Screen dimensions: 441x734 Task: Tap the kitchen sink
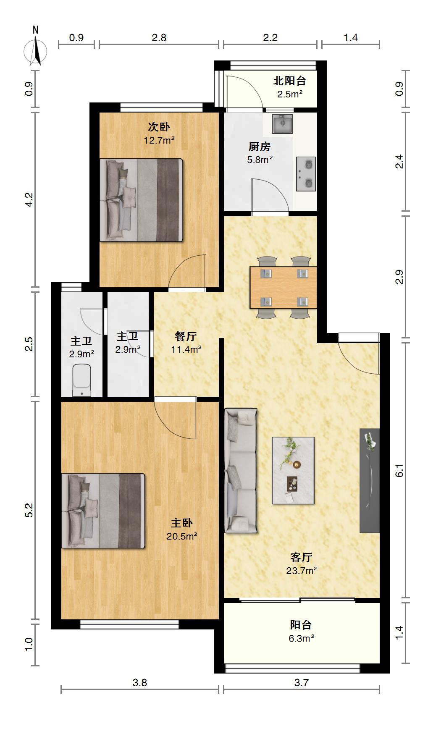(282, 124)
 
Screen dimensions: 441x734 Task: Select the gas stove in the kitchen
(306, 174)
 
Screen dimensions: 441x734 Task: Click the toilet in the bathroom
(81, 380)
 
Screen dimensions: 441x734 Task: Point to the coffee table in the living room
(293, 470)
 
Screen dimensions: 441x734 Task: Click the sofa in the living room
(240, 471)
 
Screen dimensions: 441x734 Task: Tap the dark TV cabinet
(370, 481)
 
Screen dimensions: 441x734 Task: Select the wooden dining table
(283, 288)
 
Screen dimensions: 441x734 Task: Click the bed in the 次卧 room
(141, 200)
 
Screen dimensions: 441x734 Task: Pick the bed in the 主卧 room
(103, 511)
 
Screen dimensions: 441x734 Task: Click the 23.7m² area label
(302, 571)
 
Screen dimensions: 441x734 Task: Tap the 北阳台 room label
(290, 81)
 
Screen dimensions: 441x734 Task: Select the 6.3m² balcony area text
(302, 638)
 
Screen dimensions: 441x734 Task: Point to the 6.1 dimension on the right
(399, 470)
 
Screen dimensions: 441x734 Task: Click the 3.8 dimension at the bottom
(140, 683)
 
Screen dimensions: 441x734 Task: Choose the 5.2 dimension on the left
(29, 510)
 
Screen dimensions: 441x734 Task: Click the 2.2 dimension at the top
(270, 38)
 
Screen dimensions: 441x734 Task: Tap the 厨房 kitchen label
(260, 147)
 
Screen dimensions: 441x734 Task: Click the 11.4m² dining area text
(186, 349)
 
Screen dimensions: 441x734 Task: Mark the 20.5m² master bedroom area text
(182, 536)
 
